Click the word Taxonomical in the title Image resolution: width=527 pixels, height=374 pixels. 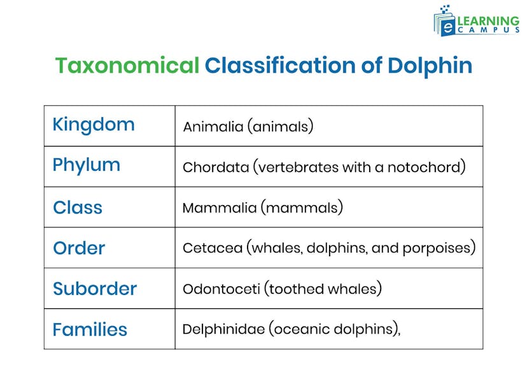click(x=127, y=66)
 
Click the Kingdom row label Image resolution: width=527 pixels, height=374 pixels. click(x=94, y=124)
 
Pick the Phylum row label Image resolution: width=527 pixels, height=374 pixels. click(x=86, y=165)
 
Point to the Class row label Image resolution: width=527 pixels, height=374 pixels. click(x=78, y=207)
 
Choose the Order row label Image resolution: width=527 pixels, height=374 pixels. click(x=79, y=248)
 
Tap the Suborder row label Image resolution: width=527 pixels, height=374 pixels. click(x=95, y=289)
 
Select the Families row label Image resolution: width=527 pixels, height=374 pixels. click(x=90, y=329)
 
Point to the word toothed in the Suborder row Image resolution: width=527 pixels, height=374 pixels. click(x=295, y=289)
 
